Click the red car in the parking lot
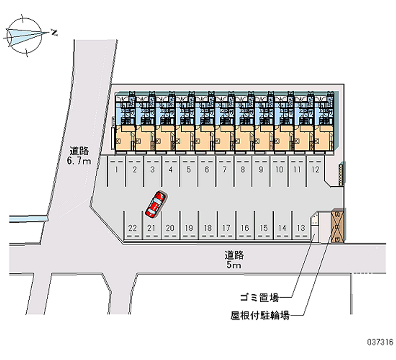(x=156, y=204)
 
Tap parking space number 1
(x=116, y=169)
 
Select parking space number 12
(x=315, y=169)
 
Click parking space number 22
(x=132, y=228)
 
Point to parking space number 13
(x=300, y=228)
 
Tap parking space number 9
(x=260, y=169)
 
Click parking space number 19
(x=189, y=228)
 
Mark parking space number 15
(x=263, y=228)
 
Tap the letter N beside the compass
(x=54, y=33)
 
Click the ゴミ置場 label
(x=259, y=298)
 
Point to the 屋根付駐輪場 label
(x=260, y=314)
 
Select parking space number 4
(x=170, y=169)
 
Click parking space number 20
(x=170, y=228)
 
